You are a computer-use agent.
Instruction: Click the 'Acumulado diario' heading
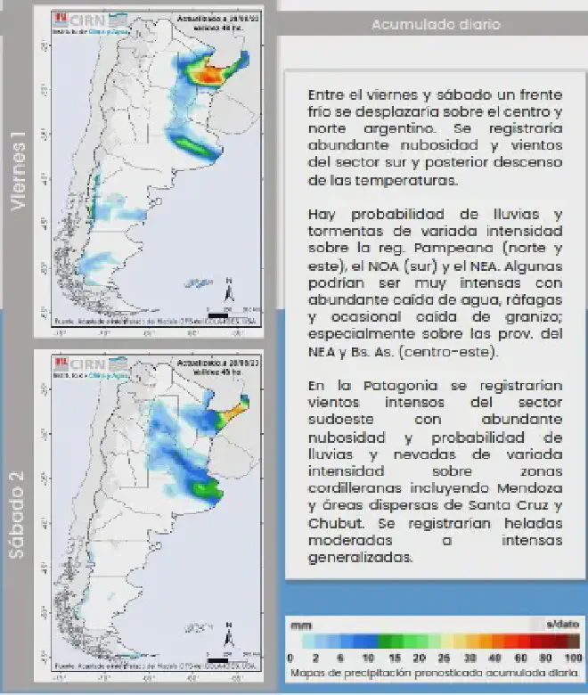tap(436, 24)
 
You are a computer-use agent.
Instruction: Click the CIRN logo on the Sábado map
tap(83, 365)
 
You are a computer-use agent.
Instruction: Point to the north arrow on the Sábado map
tap(229, 639)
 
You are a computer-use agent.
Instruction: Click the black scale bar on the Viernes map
tap(218, 313)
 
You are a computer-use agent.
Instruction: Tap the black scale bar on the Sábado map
tap(218, 660)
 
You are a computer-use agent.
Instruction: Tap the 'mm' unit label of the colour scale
tap(301, 625)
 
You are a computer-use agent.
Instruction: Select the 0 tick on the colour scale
tap(291, 658)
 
